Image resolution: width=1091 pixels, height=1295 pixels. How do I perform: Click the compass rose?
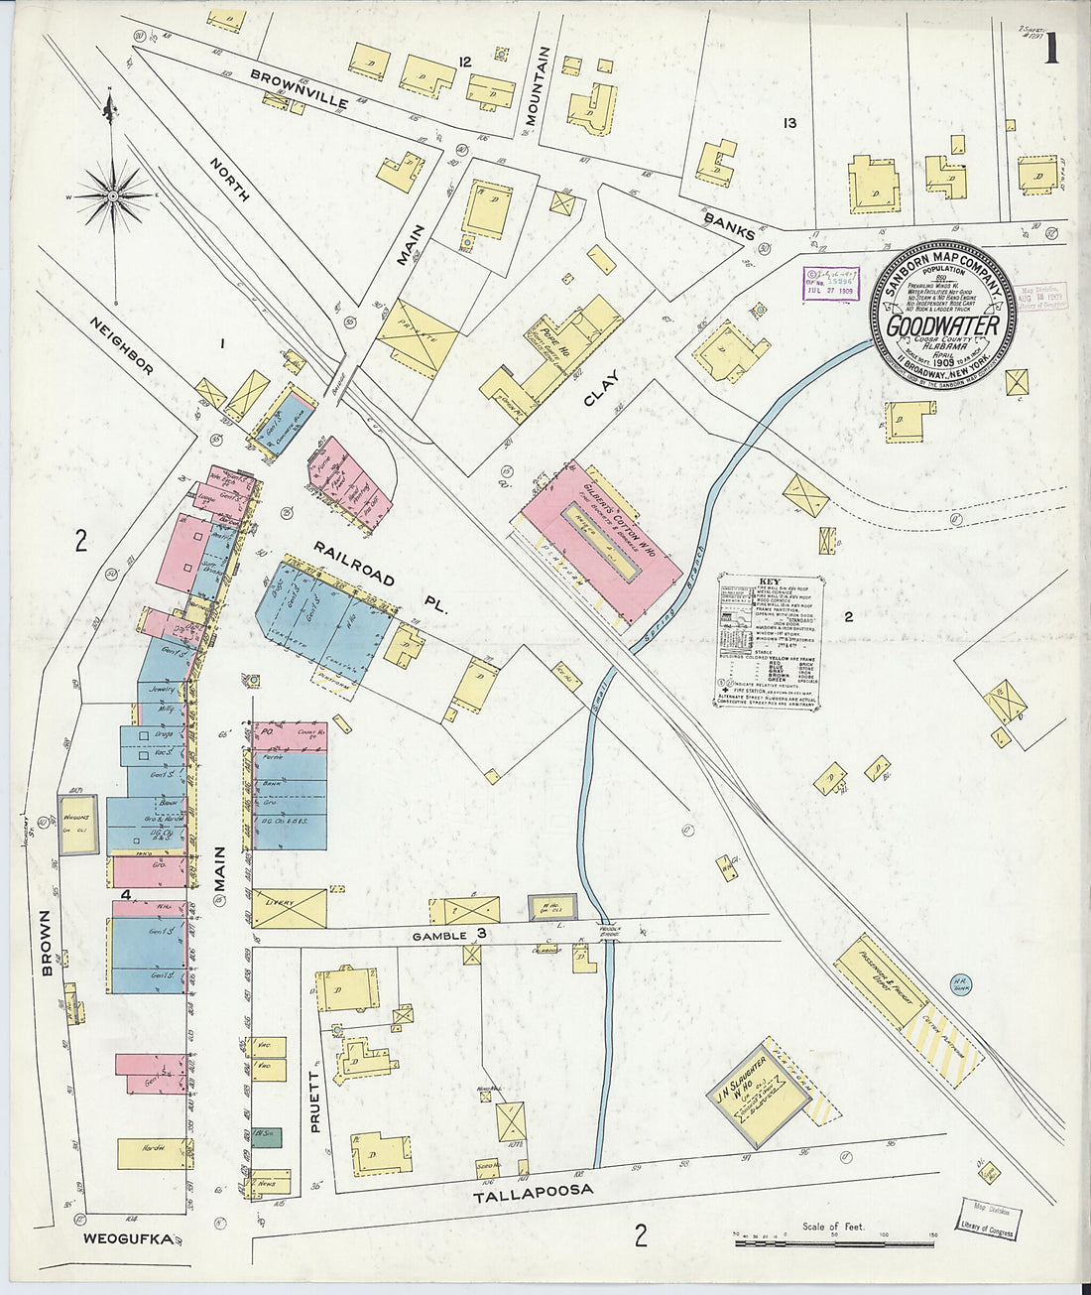[113, 196]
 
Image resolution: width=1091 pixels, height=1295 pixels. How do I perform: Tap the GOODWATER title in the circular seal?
[942, 324]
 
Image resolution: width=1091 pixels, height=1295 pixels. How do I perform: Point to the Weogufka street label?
[127, 1237]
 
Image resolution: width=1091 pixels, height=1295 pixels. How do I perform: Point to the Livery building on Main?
[289, 908]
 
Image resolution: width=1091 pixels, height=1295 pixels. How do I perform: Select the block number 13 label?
[789, 124]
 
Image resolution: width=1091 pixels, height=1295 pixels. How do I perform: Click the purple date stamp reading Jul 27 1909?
[830, 282]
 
